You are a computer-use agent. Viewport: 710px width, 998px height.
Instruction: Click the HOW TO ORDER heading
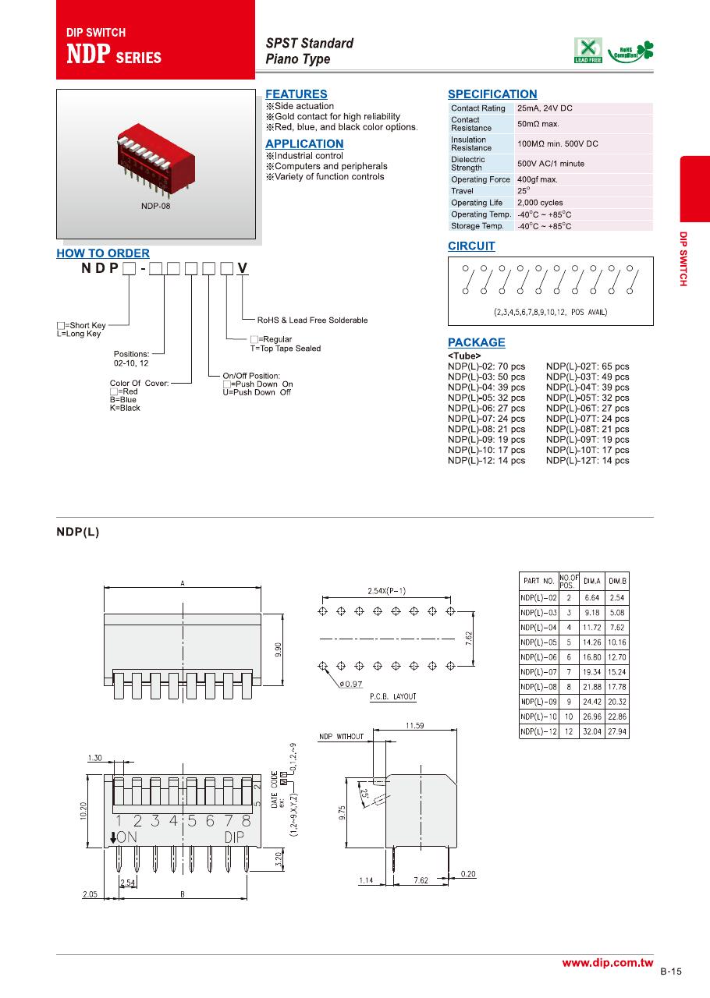103,253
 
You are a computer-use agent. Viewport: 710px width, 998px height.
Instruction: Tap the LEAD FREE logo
588,50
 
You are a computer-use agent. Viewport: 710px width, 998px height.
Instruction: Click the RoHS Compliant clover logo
632,51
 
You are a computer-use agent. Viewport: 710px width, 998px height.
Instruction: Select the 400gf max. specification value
538,179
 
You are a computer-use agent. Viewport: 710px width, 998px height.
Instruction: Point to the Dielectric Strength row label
468,164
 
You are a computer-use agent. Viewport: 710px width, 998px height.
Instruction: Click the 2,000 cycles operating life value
540,203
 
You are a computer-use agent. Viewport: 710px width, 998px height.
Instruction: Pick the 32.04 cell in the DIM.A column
592,731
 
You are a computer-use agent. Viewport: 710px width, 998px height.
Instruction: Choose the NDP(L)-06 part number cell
538,657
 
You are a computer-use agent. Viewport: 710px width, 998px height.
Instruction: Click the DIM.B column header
617,581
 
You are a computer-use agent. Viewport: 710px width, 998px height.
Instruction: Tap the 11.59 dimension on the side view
415,726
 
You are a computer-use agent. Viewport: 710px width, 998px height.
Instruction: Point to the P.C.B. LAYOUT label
393,696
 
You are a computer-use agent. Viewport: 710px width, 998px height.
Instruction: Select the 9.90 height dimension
276,649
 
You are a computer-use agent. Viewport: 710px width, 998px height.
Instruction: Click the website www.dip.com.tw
607,963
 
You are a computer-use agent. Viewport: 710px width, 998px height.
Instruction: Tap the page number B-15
671,971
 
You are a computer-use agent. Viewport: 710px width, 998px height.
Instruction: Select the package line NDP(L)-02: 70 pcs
486,366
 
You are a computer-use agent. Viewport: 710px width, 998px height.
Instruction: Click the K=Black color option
125,408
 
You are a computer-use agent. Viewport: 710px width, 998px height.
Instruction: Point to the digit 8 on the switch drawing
246,820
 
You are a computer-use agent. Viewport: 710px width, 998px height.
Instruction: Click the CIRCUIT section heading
471,246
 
